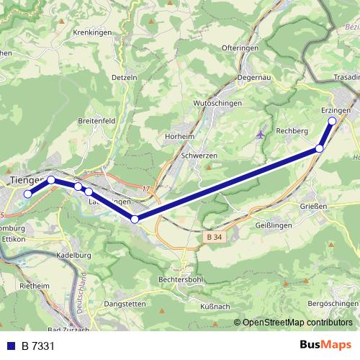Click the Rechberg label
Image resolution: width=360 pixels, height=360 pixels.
[292, 131]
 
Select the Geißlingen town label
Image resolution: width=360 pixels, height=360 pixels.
[273, 225]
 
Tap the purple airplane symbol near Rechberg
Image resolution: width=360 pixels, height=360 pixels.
[261, 134]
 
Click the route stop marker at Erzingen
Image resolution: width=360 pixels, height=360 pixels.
[333, 121]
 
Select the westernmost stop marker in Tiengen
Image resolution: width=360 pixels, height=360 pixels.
[28, 194]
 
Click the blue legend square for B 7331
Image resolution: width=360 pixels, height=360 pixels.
[12, 346]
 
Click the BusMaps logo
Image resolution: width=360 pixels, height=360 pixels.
[325, 345]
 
